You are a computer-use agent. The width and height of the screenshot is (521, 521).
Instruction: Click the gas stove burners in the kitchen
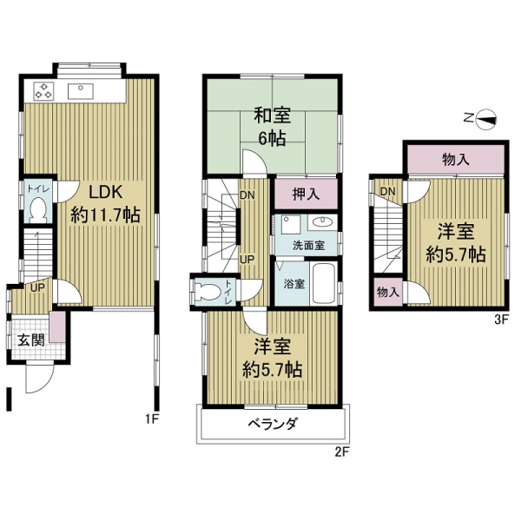point(43,90)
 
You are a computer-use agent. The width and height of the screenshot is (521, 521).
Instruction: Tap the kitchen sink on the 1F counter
point(81,91)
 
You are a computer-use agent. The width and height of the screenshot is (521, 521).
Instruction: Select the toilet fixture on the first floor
point(38,209)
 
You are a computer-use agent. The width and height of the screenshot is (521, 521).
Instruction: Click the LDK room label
point(106,192)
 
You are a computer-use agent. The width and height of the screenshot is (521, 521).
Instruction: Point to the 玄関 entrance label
point(31,340)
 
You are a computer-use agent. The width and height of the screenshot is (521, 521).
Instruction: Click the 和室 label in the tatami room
point(273,115)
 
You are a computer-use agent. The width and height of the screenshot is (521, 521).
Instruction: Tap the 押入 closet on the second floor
point(306,195)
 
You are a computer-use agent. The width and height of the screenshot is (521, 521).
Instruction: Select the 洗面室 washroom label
point(308,246)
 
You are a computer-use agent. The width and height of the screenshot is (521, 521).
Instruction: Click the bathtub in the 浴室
point(323,283)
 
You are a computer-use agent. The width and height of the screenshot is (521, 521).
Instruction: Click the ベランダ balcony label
point(273,424)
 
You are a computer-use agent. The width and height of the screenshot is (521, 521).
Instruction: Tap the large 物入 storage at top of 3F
point(456,160)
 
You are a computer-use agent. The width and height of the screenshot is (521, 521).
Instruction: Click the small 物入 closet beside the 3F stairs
point(388,293)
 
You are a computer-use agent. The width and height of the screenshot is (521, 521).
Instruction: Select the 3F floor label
point(502,320)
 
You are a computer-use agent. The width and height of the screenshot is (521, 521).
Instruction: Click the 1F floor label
point(152,419)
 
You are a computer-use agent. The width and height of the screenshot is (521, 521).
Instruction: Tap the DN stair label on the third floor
point(388,192)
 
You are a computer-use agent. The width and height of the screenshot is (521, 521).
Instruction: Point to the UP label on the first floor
point(37,287)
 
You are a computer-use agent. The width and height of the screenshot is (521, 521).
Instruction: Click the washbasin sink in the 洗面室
point(322,221)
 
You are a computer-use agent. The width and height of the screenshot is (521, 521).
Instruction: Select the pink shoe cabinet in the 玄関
point(57,327)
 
